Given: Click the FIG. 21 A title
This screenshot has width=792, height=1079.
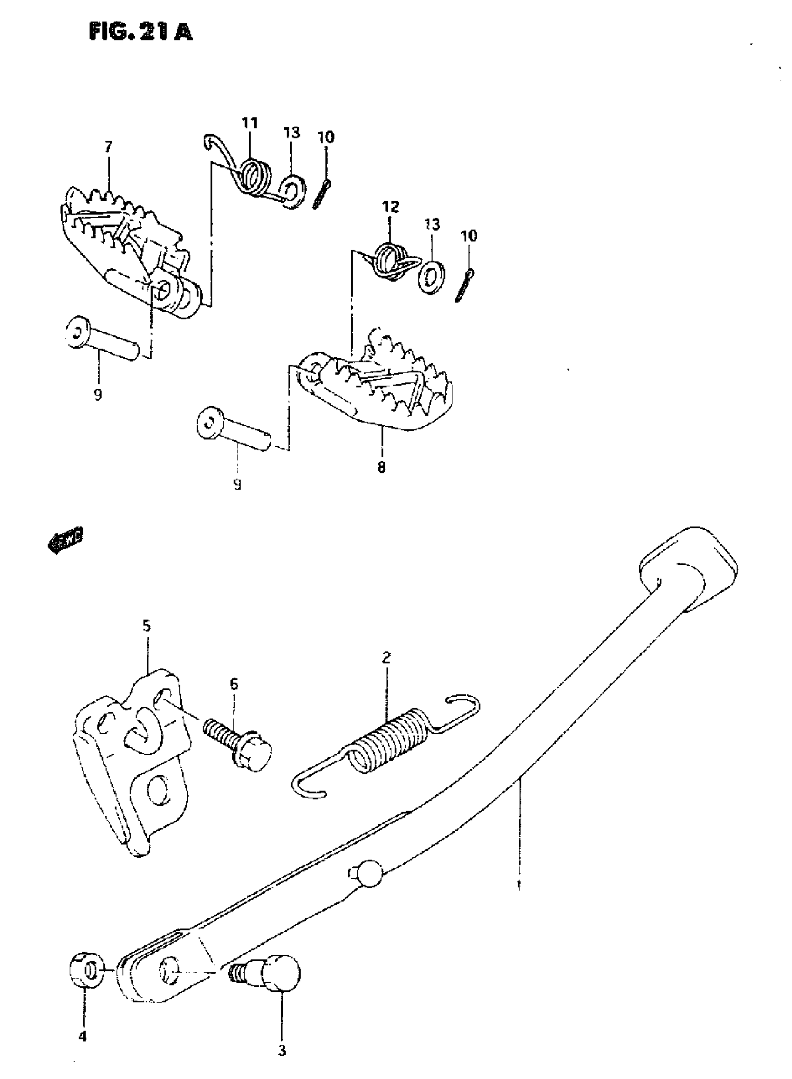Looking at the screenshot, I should pos(141,32).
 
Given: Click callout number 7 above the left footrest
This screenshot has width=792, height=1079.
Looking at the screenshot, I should pos(109,147).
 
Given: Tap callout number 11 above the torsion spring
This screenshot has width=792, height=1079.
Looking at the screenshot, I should pos(250,123).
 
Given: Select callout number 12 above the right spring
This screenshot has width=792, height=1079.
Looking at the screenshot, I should pos(391,207).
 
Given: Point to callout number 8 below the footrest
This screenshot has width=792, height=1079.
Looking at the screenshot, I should pos(381,467).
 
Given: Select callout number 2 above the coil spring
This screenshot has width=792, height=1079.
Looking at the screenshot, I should pos(386,657).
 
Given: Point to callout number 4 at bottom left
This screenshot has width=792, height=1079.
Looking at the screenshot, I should pos(82,1037).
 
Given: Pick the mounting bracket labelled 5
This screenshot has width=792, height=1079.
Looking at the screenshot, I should pos(132,762).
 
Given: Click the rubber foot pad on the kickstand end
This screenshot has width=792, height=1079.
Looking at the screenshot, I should pos(688,568).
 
